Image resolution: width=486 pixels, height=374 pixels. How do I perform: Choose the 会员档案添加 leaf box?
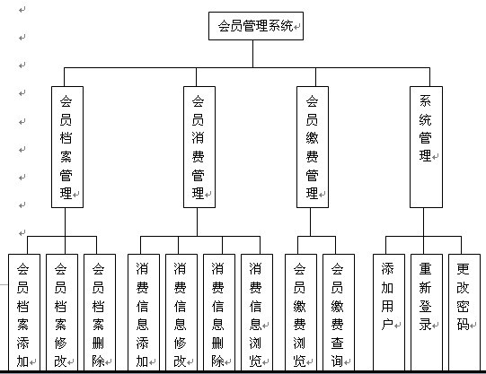coord(23,313)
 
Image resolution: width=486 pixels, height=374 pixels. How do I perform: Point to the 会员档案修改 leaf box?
coord(61,313)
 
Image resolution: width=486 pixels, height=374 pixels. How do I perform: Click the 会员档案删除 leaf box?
coord(99,313)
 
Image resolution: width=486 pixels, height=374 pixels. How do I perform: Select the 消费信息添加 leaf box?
coord(144,313)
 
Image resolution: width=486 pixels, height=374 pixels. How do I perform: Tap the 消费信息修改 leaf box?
coord(181,313)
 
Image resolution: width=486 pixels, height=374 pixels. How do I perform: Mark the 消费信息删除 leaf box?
coord(218,313)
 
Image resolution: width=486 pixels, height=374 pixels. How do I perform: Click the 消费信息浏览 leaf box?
coord(256,313)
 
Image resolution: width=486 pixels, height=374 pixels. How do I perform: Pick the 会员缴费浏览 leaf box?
coord(300,313)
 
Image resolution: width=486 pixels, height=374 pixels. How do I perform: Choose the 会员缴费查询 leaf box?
coord(338,313)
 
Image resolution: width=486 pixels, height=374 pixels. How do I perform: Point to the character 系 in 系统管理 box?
coord(425,100)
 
